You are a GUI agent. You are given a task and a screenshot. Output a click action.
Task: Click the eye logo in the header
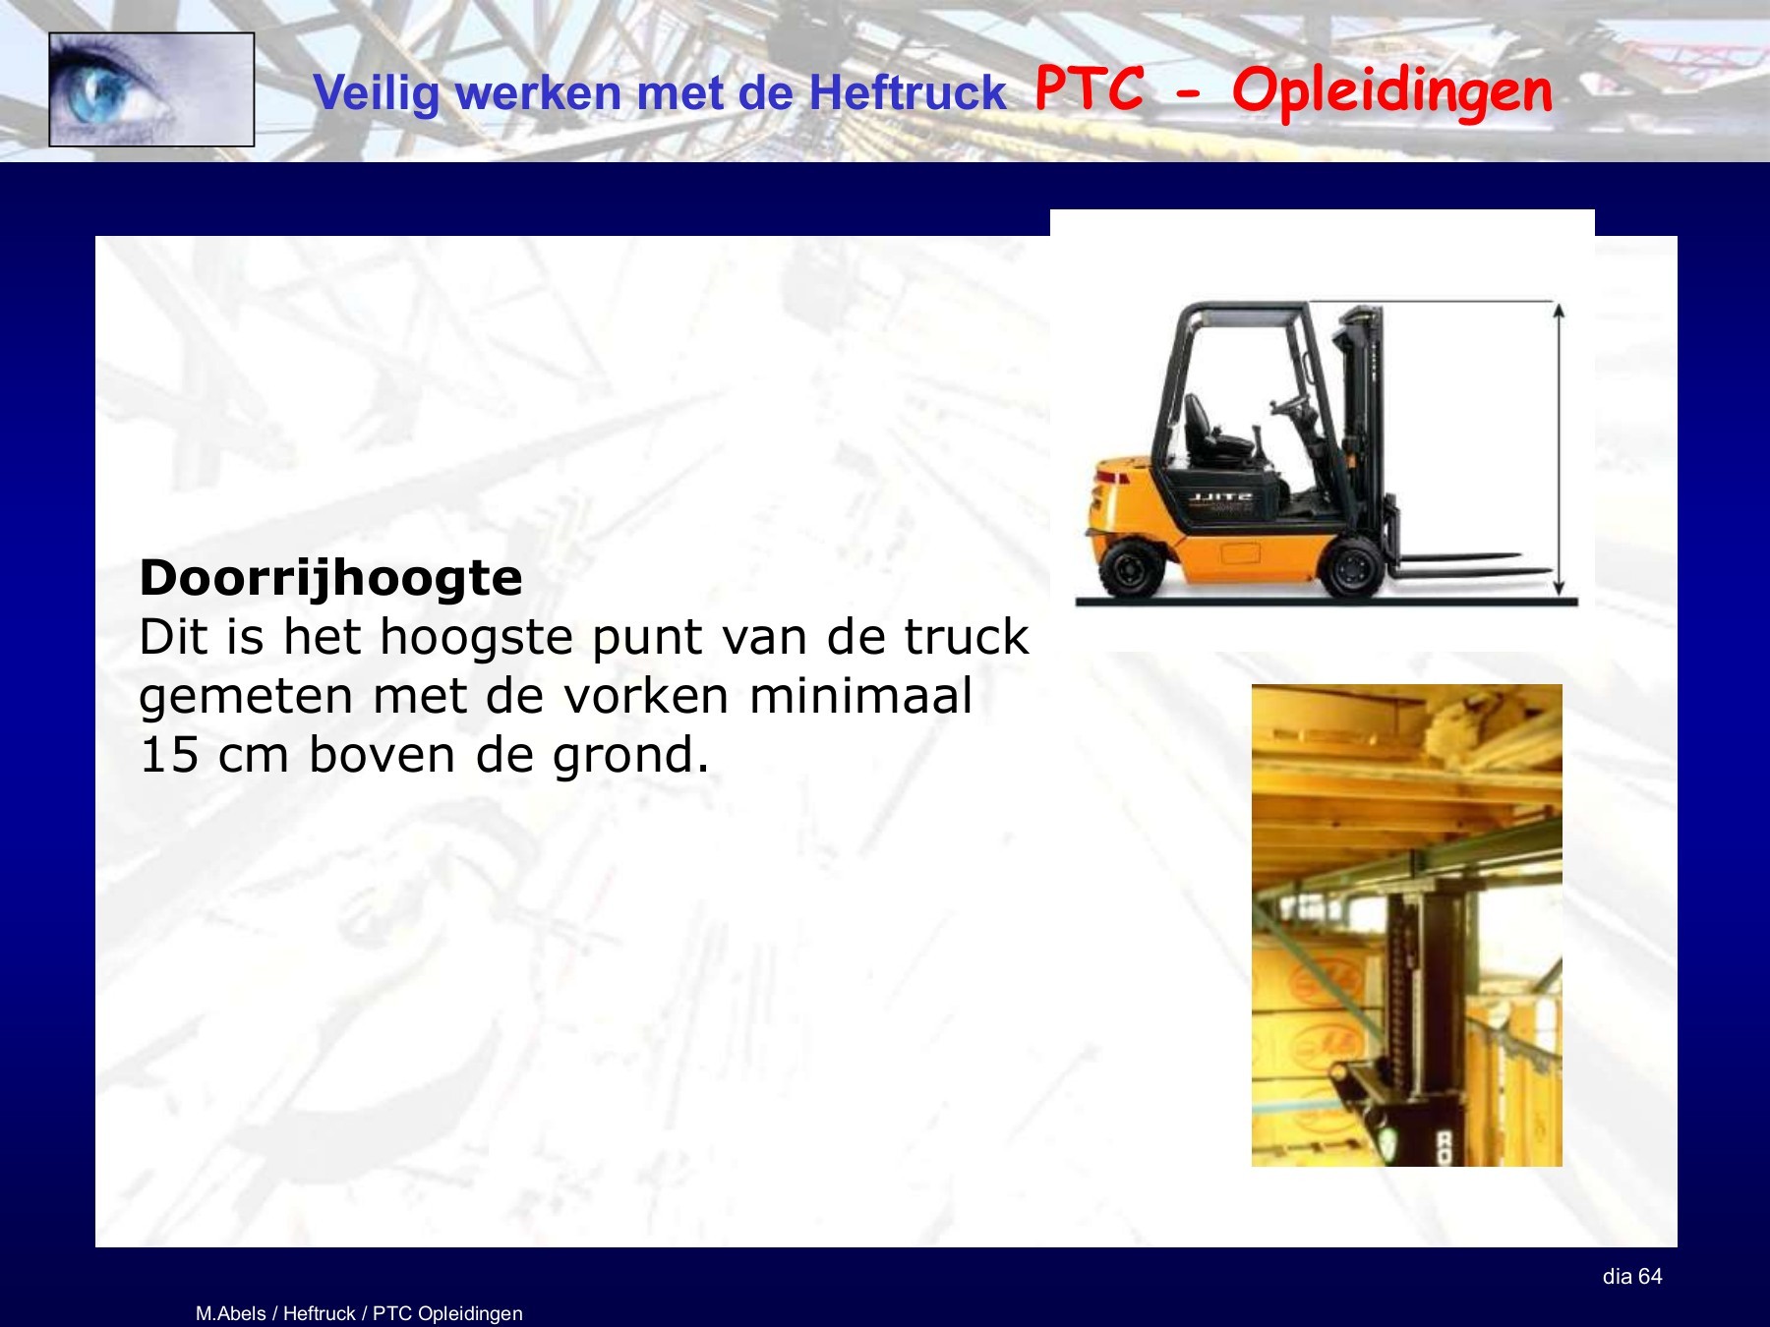click(x=151, y=89)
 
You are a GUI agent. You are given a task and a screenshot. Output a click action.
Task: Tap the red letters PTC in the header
click(x=1090, y=88)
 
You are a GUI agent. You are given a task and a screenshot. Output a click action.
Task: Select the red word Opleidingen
click(x=1391, y=91)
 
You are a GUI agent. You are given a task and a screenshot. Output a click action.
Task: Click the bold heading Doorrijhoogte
click(x=330, y=577)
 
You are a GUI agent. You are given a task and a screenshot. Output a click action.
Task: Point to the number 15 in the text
click(x=170, y=755)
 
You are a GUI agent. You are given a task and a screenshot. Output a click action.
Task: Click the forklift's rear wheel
click(x=1130, y=569)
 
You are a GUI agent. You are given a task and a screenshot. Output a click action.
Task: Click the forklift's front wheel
click(x=1353, y=567)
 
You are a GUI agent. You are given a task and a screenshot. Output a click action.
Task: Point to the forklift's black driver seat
click(x=1204, y=433)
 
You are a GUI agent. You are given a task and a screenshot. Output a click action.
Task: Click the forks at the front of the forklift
click(x=1465, y=565)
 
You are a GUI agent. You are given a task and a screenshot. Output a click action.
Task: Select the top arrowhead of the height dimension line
click(x=1559, y=311)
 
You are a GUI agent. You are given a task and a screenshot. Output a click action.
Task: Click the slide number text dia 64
click(x=1631, y=1276)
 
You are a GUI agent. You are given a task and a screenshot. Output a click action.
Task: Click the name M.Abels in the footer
click(x=230, y=1313)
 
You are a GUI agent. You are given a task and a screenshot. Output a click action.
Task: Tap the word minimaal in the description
click(x=860, y=696)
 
